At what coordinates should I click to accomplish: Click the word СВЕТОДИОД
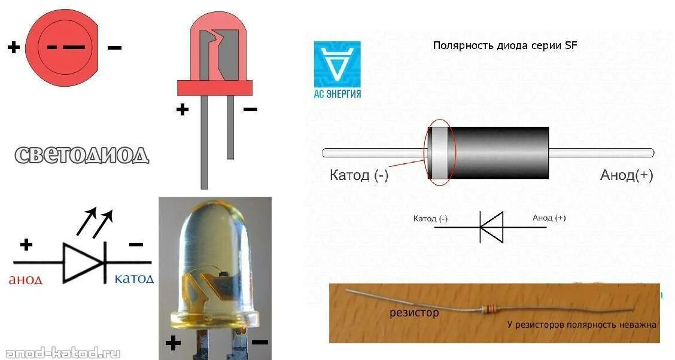point(81,155)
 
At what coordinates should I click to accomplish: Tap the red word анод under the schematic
point(25,280)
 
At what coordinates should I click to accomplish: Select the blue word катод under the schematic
point(134,279)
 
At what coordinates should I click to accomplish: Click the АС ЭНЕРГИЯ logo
point(337,69)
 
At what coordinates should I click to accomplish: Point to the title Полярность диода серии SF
point(504,45)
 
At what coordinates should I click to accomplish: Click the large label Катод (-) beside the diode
point(359,175)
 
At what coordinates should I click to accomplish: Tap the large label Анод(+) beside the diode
point(627,175)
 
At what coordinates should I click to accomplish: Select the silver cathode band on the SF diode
point(440,152)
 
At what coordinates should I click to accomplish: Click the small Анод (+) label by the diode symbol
point(549,218)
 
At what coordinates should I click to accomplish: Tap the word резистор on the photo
point(414,312)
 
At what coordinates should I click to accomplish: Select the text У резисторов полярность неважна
point(582,325)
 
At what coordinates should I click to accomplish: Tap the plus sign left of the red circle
point(13,47)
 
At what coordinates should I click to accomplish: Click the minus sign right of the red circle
point(114,47)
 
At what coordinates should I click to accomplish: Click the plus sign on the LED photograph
point(173,343)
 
